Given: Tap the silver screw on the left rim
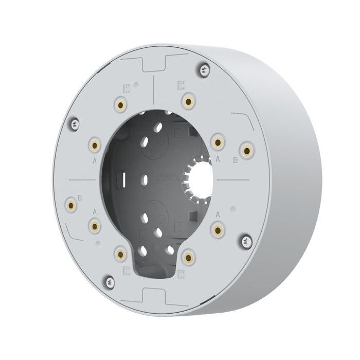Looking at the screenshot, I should pos(75,123).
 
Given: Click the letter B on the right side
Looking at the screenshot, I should pos(236,160).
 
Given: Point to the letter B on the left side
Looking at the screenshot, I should pos(81,197).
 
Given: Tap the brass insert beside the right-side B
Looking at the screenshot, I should pos(248,151).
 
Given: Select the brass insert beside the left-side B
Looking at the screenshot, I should pos(70,206).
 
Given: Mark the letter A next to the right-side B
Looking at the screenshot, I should pos(218,160).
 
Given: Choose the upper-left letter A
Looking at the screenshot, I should pos(95,160).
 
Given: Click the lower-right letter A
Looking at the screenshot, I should pos(218,213).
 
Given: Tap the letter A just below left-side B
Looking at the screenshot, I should pos(95,211).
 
